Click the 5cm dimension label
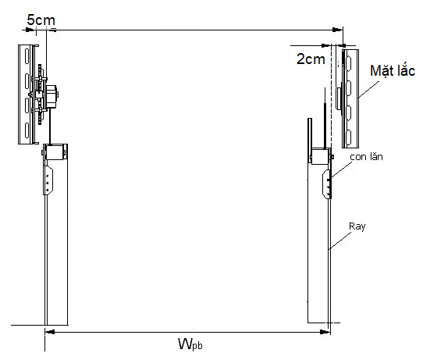41,20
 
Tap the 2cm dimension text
311,59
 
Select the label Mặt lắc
393,71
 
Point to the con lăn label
366,157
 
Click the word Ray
357,226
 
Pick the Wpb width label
190,344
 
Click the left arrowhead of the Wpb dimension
50,332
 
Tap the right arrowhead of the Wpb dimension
325,332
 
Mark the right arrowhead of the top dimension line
337,30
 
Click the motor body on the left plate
52,96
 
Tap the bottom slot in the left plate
27,130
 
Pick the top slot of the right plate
348,63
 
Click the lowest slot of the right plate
348,137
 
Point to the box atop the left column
55,152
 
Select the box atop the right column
320,156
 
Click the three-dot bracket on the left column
48,180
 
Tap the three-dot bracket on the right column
327,185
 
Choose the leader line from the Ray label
340,241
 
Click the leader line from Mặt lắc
368,89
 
